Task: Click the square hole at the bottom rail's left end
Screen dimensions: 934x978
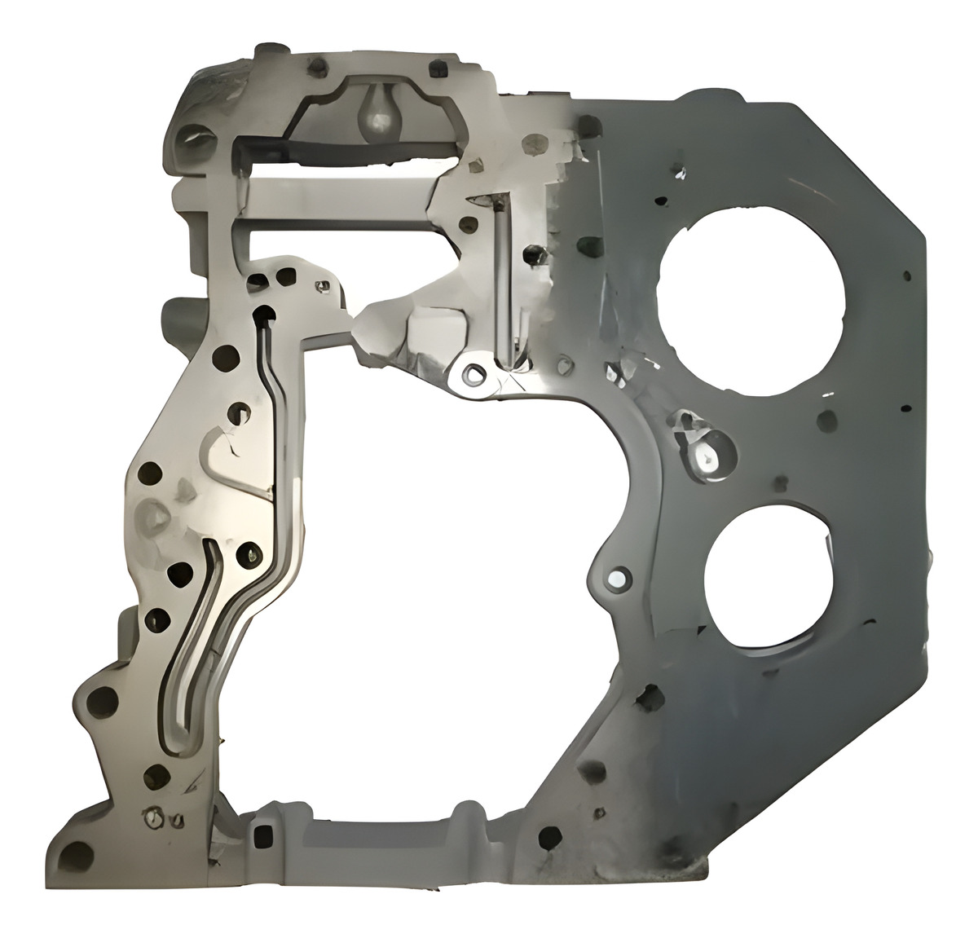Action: (262, 835)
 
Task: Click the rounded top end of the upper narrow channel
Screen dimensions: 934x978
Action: (262, 313)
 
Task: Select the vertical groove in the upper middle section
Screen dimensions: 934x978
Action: (501, 285)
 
